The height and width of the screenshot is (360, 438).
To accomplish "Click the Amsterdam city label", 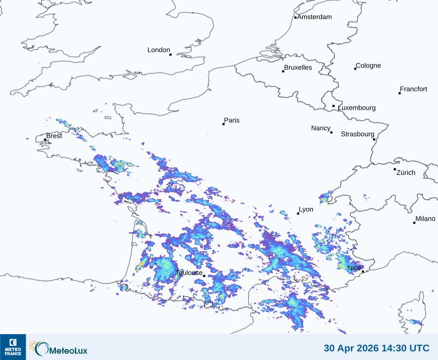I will coord(314,17).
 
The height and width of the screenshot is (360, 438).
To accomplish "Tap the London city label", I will coord(159,50).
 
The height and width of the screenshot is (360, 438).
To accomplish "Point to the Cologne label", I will coord(368,66).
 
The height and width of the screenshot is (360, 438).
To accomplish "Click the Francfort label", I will coord(413,89).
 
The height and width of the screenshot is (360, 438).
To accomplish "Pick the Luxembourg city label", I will coord(357,108).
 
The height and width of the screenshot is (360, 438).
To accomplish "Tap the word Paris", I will coord(232,120).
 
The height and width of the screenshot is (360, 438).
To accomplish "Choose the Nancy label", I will coord(321,128).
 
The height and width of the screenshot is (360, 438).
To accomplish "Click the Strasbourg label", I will coord(357,134).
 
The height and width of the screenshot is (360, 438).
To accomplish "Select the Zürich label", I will coord(406,172).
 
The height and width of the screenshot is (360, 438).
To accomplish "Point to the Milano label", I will coord(425,219).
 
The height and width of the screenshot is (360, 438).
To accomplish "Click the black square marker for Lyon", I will coord(298,213).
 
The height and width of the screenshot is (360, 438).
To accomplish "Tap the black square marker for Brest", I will coord(45,140).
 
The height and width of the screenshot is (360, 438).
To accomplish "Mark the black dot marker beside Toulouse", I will coord(204,276).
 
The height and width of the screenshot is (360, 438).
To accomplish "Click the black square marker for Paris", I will coord(224,124).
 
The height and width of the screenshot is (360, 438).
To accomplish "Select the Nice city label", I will coord(354,268).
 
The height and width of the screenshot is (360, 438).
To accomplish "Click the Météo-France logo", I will coord(13,347).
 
